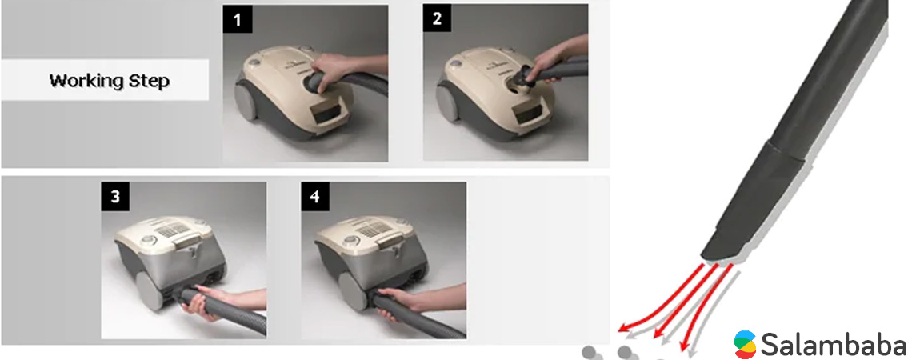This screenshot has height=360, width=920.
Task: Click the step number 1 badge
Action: (238, 19)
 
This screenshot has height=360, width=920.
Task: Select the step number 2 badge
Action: (437, 18)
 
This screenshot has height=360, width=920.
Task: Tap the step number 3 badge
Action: (115, 197)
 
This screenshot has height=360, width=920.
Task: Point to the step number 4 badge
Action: (315, 197)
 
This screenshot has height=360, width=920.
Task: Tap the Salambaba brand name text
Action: (834, 342)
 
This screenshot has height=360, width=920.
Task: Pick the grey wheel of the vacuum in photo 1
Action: (246, 100)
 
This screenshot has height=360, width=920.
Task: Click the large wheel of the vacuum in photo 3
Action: (149, 291)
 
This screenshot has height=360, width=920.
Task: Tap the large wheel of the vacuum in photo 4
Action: (351, 291)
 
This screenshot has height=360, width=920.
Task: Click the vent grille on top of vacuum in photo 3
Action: (173, 230)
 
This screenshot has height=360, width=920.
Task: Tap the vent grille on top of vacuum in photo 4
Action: (374, 229)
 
